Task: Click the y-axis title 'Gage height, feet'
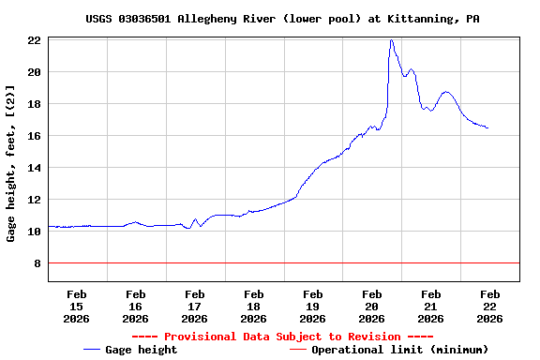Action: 11,163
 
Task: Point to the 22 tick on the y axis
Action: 33,40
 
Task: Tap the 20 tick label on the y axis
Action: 33,72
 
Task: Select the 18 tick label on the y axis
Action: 33,104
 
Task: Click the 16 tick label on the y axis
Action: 33,136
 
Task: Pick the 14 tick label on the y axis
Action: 33,168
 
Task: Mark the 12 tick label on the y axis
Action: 33,200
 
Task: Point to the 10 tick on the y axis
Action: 33,232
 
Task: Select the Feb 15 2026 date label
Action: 76,306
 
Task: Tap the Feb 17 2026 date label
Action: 194,306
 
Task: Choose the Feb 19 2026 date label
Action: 312,306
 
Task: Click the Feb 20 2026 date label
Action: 371,306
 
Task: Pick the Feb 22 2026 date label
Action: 489,306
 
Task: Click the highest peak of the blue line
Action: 391,40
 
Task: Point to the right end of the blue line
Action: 487,127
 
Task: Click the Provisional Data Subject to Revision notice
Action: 282,337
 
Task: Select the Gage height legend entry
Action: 130,350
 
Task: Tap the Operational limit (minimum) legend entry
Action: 389,350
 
